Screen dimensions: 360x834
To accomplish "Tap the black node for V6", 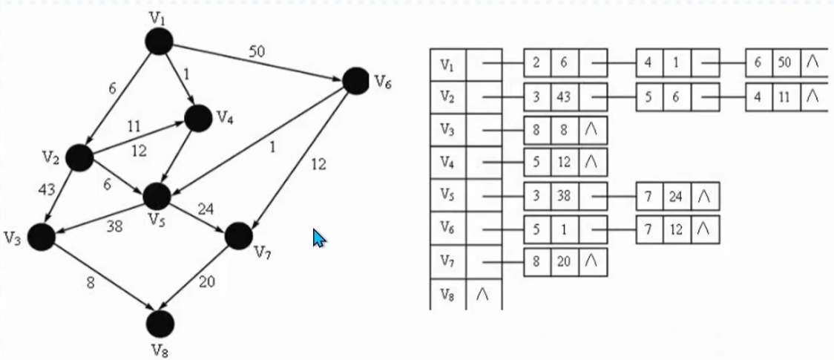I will point(356,80).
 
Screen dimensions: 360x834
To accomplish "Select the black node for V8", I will point(160,324).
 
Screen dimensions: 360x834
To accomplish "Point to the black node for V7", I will point(238,235).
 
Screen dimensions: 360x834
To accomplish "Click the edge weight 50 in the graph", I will point(257,52).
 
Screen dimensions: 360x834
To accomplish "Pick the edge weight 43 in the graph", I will point(47,191).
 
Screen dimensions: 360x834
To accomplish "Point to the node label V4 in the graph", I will point(225,117).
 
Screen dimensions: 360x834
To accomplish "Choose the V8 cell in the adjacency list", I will point(447,295).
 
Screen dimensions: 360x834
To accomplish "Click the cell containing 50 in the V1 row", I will point(785,64).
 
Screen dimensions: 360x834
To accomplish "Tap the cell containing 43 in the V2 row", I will point(565,97).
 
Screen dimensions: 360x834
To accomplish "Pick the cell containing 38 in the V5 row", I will point(565,196).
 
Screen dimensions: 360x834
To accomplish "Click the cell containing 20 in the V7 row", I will point(565,262).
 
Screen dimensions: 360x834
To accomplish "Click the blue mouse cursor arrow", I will point(319,238).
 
